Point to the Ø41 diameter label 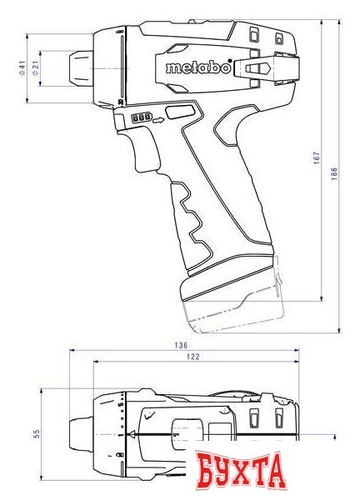[x=21, y=69]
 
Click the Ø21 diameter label [x=34, y=69]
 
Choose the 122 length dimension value [x=194, y=357]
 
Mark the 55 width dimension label [x=37, y=434]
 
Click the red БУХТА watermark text [x=242, y=472]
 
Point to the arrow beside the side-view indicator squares [x=157, y=119]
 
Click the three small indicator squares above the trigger [x=140, y=119]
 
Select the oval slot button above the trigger [x=177, y=112]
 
